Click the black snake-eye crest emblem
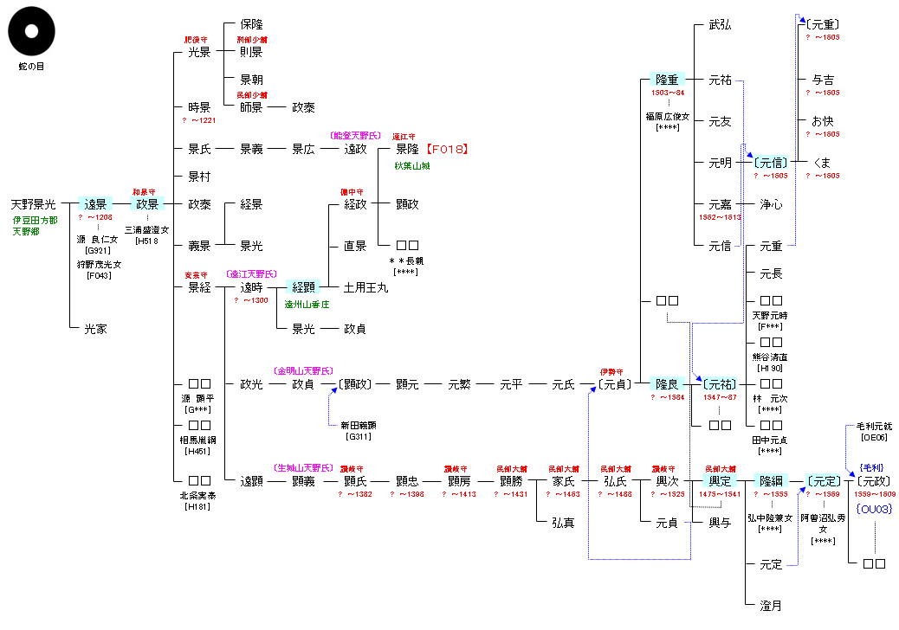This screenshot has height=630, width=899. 32,33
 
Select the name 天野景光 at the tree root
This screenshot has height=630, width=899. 33,204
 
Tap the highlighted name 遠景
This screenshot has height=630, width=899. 95,204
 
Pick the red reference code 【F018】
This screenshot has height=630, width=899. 448,149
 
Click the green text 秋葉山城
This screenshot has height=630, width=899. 411,165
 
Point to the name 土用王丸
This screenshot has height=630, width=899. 366,287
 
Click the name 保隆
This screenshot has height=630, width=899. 251,24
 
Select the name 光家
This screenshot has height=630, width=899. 95,329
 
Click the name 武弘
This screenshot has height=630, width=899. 720,25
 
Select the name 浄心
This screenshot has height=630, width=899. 771,204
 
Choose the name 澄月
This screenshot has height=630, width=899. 771,606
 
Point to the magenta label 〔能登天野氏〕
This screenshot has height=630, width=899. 355,136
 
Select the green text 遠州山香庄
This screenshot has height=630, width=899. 307,304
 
